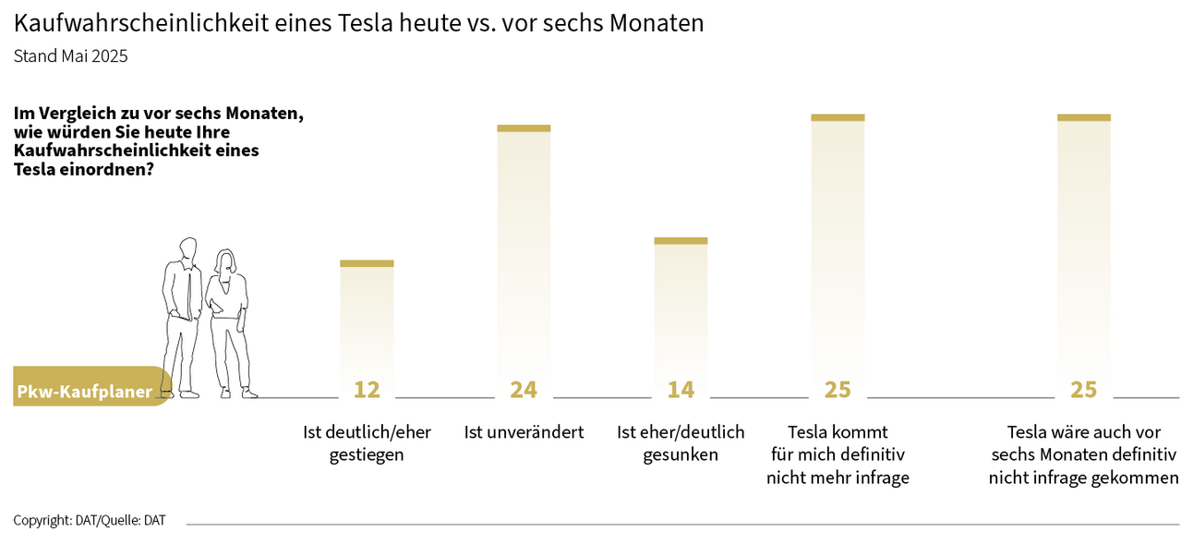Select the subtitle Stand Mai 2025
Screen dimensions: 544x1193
(x=70, y=55)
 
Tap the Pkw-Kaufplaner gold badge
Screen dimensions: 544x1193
(x=88, y=392)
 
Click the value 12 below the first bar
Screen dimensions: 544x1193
(x=367, y=390)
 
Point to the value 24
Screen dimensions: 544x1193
(x=524, y=390)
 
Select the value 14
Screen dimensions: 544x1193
(x=681, y=390)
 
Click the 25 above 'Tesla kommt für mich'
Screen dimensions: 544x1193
(x=838, y=390)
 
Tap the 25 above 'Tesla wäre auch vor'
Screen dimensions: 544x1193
(x=1083, y=390)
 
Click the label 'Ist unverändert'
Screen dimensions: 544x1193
(x=524, y=432)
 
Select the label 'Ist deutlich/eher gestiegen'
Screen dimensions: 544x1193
(x=367, y=443)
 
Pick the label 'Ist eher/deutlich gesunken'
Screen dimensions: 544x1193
(x=681, y=443)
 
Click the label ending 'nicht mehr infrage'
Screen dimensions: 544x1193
(x=838, y=454)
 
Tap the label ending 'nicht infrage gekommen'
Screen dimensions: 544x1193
(x=1083, y=454)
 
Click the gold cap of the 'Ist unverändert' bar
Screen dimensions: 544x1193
(x=524, y=128)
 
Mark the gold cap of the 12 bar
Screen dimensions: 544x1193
(x=367, y=263)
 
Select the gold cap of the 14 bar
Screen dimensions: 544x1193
(x=681, y=241)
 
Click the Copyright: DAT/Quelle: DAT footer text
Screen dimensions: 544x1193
(x=90, y=520)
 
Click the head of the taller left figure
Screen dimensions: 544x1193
(x=188, y=249)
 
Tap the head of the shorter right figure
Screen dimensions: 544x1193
(x=226, y=260)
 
